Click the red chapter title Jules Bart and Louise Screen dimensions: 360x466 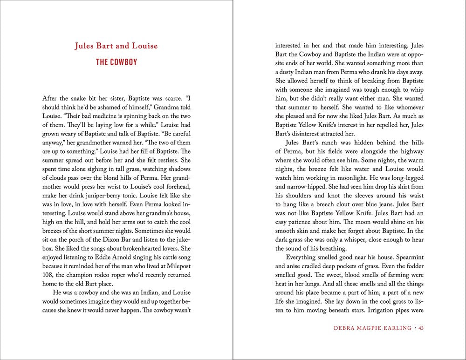pos(116,46)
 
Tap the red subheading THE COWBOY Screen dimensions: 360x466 pos(116,62)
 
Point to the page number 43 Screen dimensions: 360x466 pos(421,328)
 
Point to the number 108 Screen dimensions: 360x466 pos(48,283)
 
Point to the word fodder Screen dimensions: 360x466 pos(412,267)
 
